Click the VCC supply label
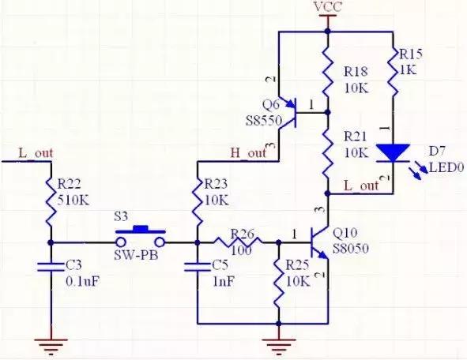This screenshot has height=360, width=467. coord(326,7)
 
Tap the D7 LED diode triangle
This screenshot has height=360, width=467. coord(392,152)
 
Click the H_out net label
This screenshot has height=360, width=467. coord(248,152)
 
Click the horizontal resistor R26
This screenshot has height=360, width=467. coord(237,242)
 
